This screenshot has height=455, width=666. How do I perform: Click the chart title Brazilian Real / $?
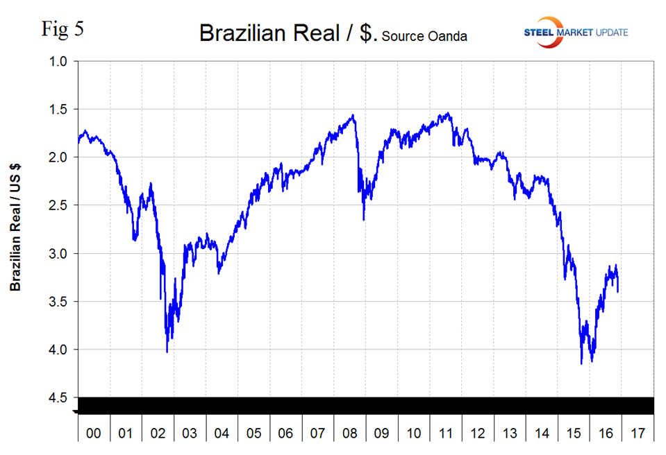coord(288,33)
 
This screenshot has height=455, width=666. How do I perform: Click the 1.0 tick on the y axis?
coord(58,62)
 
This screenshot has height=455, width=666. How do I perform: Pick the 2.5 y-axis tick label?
coord(58,205)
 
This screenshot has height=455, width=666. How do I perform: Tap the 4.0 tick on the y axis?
coord(58,350)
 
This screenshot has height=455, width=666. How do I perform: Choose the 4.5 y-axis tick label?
coord(58,397)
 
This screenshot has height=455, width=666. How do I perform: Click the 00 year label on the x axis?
coord(94,433)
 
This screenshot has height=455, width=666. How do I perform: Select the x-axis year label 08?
coord(349,433)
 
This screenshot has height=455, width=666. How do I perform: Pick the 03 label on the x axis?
coord(190,433)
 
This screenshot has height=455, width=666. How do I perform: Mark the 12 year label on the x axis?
coord(478,433)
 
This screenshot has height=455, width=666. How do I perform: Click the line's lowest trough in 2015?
coord(581,363)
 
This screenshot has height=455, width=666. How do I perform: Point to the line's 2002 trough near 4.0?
coord(167,352)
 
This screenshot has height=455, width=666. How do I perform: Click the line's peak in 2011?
coord(448,113)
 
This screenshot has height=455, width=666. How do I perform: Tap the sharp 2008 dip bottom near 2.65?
coord(363,220)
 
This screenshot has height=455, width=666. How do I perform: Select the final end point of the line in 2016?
coord(618,291)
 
